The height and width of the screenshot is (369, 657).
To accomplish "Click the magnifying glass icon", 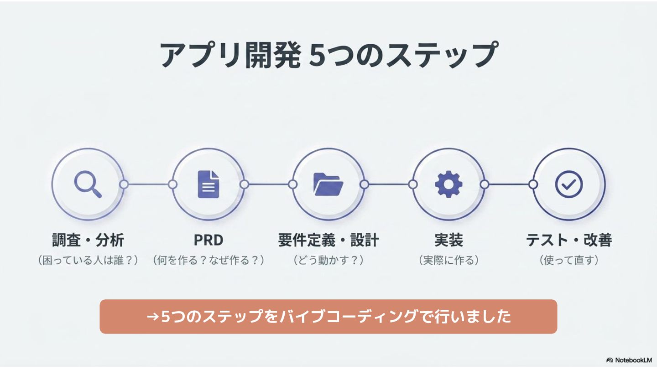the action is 88,184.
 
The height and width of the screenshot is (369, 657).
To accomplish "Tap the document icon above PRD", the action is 208,184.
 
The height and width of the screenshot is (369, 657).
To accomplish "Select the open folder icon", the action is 328,184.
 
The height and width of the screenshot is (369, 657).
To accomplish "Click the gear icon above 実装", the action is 448,184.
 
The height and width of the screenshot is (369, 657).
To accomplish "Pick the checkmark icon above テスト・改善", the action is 568,184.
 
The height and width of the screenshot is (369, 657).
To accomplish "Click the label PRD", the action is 208,240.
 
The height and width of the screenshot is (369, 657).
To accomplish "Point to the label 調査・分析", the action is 88,240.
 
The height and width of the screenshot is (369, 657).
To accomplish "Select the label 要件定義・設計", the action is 328,240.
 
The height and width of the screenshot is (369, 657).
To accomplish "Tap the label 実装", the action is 449,240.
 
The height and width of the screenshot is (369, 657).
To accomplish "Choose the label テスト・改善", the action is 569,240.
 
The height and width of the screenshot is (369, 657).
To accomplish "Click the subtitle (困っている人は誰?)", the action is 88,260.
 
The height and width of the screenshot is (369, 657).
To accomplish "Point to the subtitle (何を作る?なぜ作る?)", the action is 208,260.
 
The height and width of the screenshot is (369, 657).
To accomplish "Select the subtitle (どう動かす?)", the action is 328,260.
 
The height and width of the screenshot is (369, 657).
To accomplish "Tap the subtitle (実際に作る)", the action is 449,260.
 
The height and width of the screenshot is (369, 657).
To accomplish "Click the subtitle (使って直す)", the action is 569,260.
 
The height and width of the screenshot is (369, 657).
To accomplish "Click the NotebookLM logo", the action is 629,360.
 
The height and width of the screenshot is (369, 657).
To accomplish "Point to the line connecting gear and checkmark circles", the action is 509,184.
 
